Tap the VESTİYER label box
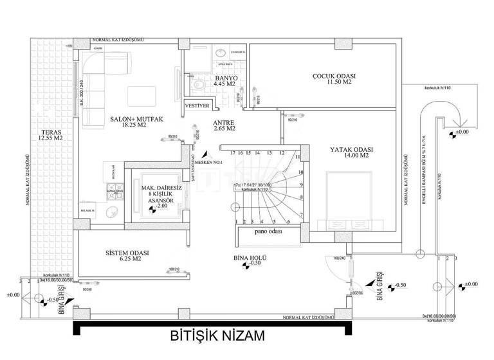tap(196, 105)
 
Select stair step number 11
tap(298, 157)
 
